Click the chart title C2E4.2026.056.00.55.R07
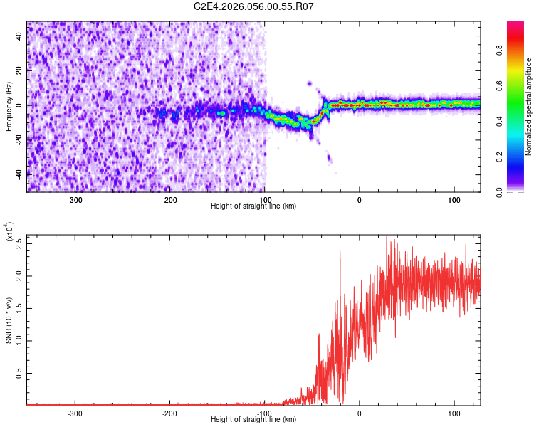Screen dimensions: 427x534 pyautogui.click(x=253, y=6)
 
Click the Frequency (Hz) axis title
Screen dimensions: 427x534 pyautogui.click(x=9, y=106)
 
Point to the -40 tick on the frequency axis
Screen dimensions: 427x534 pyautogui.click(x=19, y=174)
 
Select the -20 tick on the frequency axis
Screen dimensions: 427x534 pyautogui.click(x=19, y=139)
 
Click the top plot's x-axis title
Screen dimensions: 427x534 pyautogui.click(x=253, y=206)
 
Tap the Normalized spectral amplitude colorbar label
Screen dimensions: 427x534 pyautogui.click(x=528, y=107)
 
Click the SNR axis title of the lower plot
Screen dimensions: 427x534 pyautogui.click(x=9, y=320)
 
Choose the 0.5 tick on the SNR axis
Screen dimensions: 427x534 pyautogui.click(x=20, y=372)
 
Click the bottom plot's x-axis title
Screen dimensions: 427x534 pyautogui.click(x=253, y=420)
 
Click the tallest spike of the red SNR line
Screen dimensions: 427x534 pyautogui.click(x=386, y=238)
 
